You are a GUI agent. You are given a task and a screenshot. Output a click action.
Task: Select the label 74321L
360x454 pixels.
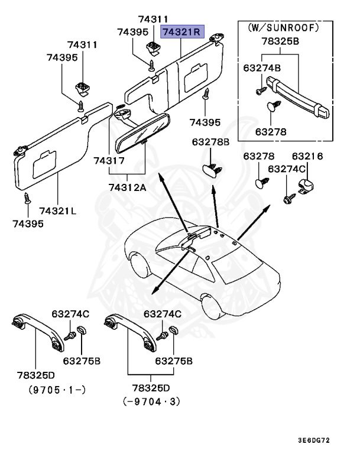tap(58, 210)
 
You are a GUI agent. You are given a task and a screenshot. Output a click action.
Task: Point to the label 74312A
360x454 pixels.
tap(129, 187)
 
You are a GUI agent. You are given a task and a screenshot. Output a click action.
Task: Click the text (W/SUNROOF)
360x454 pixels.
tap(278, 27)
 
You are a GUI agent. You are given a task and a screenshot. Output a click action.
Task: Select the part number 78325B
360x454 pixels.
tap(280, 42)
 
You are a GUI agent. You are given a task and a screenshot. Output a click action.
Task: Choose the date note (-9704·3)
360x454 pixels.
tap(151, 401)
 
